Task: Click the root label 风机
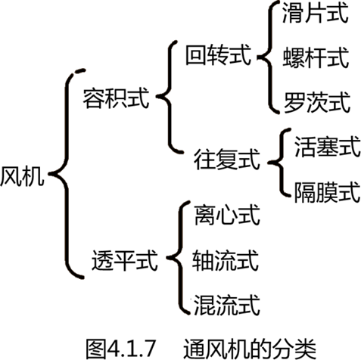click(22, 176)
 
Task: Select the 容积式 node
click(116, 98)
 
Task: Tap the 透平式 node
click(124, 260)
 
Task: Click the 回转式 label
click(219, 54)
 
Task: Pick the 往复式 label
click(227, 160)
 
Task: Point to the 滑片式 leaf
click(316, 13)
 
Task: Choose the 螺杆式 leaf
click(316, 57)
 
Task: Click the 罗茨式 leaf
click(317, 102)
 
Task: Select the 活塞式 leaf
click(328, 147)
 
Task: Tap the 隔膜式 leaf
click(328, 192)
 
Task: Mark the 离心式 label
click(227, 215)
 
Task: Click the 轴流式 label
click(226, 260)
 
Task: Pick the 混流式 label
click(227, 305)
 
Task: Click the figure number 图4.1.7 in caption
click(120, 349)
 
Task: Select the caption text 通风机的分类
click(250, 349)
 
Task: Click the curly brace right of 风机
click(67, 174)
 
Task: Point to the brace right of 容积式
click(170, 97)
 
